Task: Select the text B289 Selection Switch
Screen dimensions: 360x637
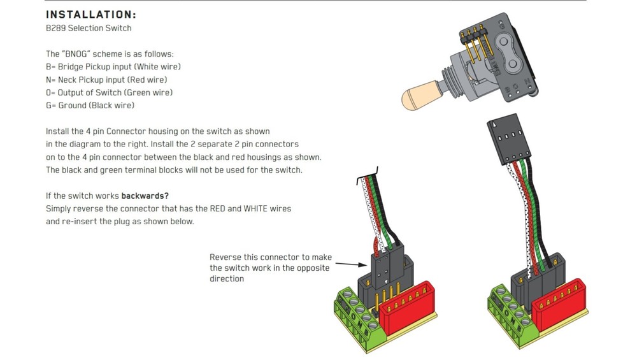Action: click(89, 28)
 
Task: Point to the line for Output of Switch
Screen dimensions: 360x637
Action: click(109, 92)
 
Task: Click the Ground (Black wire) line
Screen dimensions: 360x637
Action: click(90, 105)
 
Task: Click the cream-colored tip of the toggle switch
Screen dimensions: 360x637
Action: click(417, 97)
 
